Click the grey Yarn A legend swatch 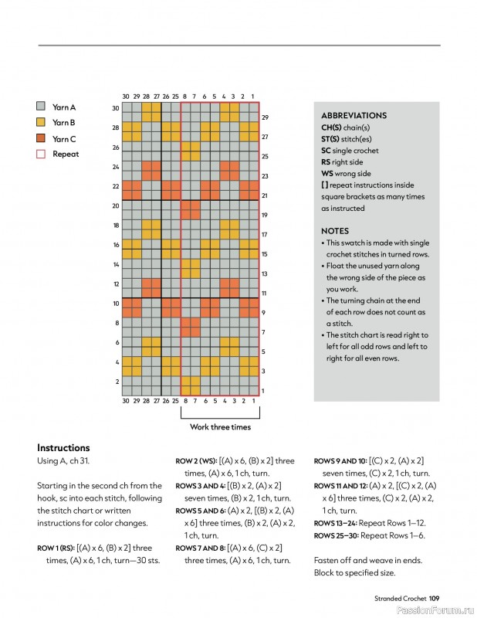point(41,106)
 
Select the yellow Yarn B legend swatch point(41,122)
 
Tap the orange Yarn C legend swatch point(41,138)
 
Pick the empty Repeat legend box point(41,154)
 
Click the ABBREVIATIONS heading point(354,115)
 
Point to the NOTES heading point(335,231)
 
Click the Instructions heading point(63,448)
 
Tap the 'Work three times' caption point(220,427)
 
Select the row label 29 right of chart point(265,117)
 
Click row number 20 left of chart point(116,205)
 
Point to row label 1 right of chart point(262,391)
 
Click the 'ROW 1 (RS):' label point(56,548)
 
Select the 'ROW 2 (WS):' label point(196,461)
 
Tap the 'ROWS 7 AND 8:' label point(201,548)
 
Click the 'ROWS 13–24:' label point(335,524)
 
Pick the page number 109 point(434,598)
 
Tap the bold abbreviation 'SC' point(326,151)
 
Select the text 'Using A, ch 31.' point(63,461)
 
